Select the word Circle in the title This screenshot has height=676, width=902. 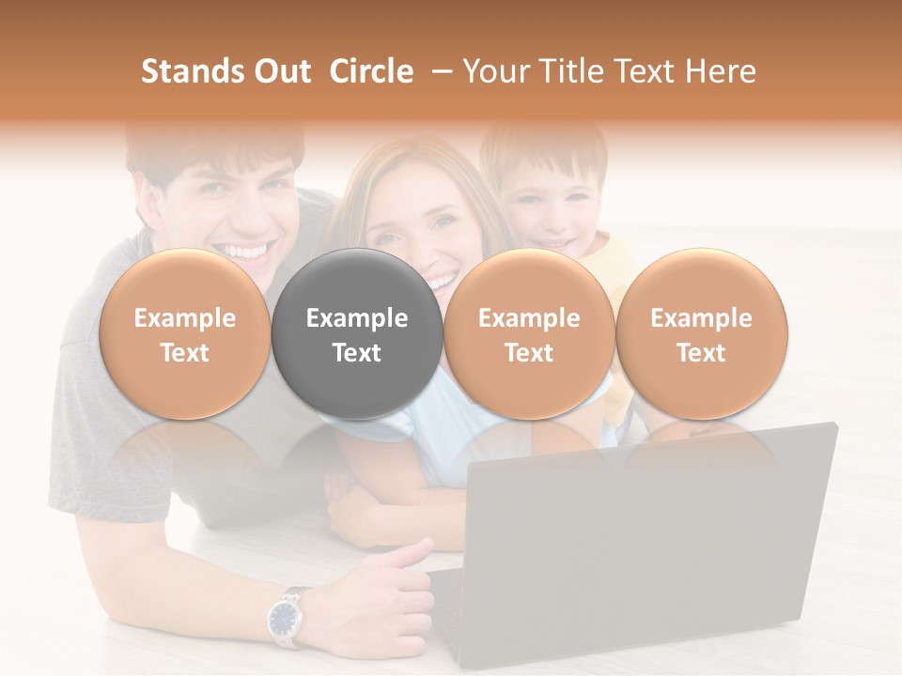(371, 71)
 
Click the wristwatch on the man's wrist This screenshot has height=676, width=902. (285, 617)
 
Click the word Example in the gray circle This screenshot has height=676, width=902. (357, 318)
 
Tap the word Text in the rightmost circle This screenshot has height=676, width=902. (701, 353)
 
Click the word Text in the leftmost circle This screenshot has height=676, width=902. (184, 353)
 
